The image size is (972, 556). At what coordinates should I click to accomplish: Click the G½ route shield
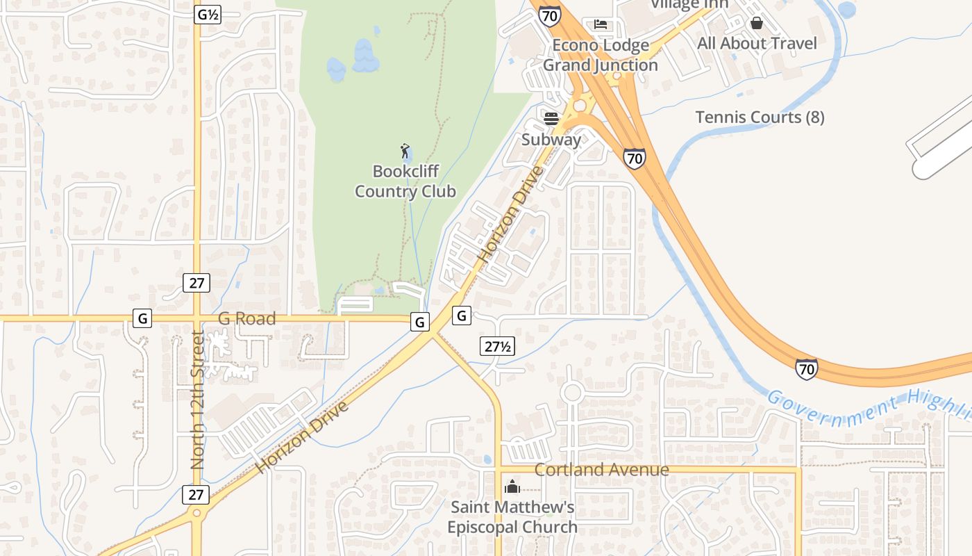tap(208, 15)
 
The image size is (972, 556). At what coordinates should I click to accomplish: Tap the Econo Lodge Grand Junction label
tap(601, 56)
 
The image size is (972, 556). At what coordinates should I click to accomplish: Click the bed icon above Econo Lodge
tap(601, 25)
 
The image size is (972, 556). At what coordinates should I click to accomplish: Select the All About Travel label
tap(757, 44)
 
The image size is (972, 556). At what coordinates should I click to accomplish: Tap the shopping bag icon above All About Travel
tap(757, 23)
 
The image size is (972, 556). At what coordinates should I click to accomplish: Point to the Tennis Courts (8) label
tap(760, 117)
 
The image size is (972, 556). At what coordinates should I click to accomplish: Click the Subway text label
tap(551, 140)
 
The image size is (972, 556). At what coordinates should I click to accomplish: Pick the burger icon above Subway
tap(551, 119)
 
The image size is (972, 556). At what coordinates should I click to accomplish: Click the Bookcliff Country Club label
tap(405, 181)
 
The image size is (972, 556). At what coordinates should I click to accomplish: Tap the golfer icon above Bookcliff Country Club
tap(405, 150)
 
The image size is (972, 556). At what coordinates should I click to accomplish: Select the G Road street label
tap(247, 319)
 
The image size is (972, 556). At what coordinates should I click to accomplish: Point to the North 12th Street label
tap(198, 400)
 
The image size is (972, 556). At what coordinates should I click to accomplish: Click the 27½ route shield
tap(497, 345)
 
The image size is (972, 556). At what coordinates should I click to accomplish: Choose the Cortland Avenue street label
tap(601, 470)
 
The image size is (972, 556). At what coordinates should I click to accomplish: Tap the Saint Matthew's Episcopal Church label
tap(512, 517)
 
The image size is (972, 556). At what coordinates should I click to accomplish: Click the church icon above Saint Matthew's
tap(512, 486)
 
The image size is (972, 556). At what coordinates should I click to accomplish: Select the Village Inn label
tap(689, 4)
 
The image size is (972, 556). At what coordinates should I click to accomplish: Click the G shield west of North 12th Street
tap(142, 319)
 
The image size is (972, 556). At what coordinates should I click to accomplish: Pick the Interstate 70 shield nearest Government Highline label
tap(806, 368)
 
